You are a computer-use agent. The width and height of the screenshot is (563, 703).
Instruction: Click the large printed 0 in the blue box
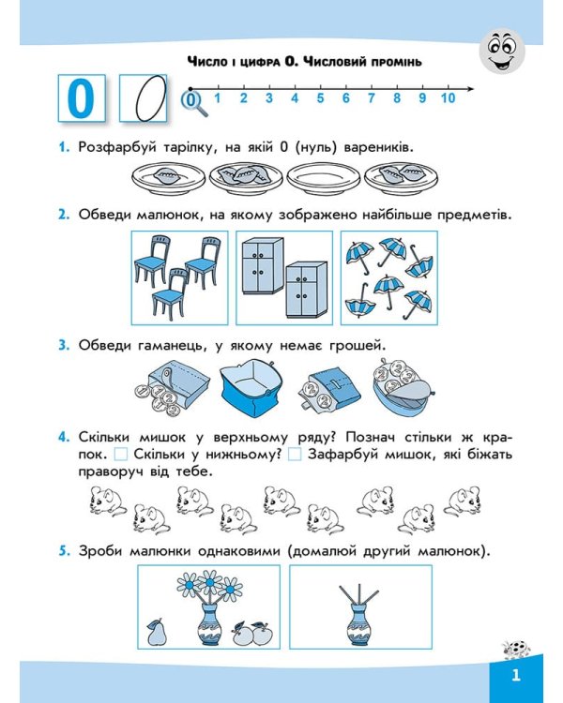point(83,97)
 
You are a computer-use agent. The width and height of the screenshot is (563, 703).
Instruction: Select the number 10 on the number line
point(447,97)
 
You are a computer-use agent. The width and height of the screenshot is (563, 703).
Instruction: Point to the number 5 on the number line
point(320,97)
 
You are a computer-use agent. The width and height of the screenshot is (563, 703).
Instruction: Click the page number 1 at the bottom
point(515,677)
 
